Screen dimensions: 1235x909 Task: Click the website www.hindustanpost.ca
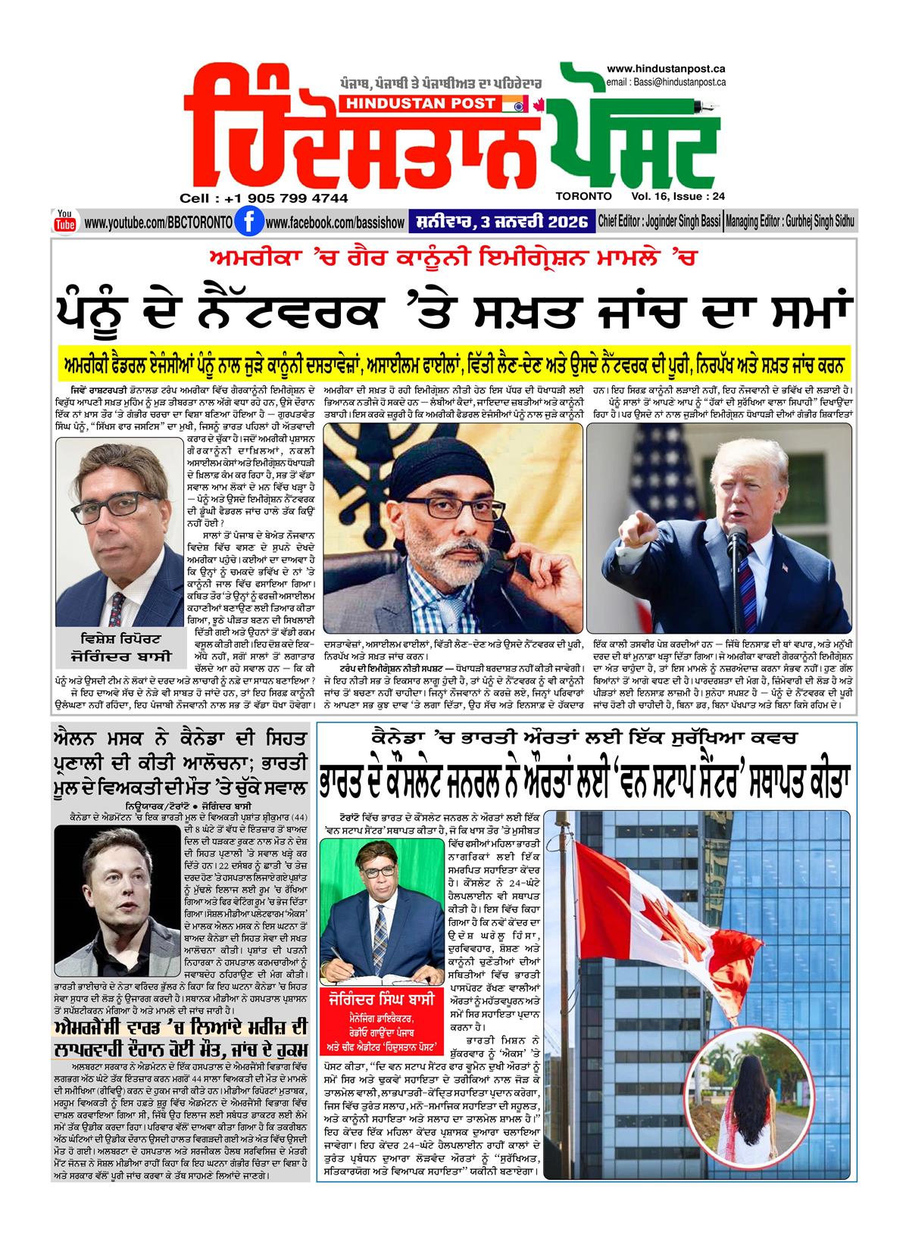[666, 68]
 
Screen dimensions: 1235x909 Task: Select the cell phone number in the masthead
[264, 198]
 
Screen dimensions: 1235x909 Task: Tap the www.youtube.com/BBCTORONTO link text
[158, 223]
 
